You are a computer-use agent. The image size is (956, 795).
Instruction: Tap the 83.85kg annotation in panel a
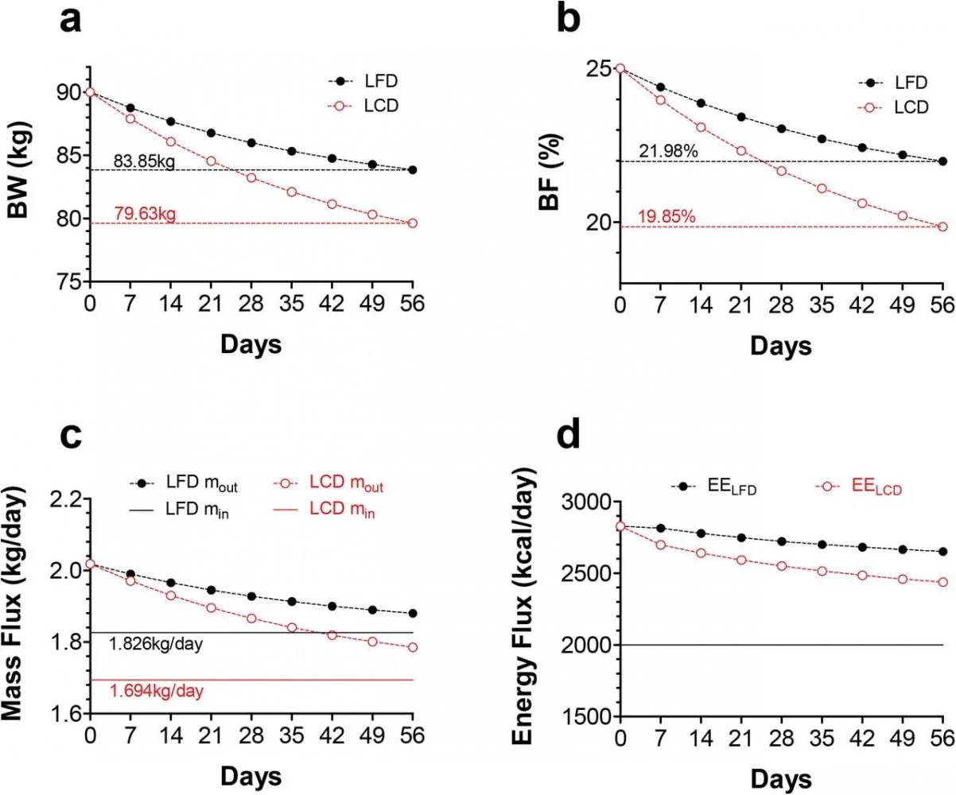click(144, 162)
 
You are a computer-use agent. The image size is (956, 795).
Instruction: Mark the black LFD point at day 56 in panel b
click(942, 161)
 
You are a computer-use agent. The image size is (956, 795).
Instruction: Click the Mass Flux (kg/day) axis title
click(21, 608)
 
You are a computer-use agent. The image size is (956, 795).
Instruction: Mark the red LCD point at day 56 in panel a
click(412, 223)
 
